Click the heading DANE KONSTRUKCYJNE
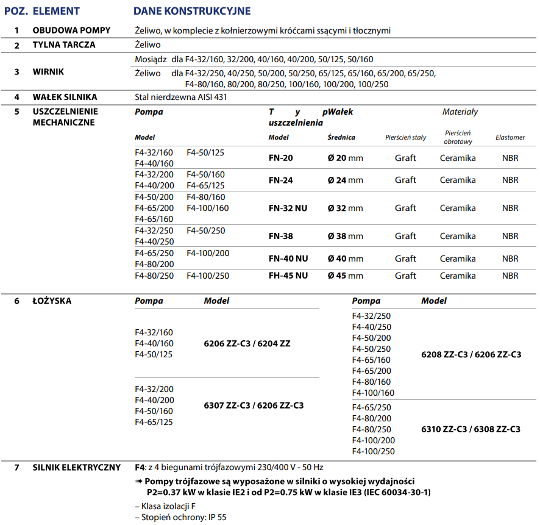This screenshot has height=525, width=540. point(192,11)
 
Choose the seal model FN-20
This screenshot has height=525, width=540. point(280,159)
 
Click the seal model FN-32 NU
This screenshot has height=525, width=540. point(288,209)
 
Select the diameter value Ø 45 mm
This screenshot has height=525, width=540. point(345,276)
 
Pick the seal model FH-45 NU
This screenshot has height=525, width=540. point(288,276)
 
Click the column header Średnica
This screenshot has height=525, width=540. point(341,138)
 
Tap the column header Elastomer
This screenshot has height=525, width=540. point(510,138)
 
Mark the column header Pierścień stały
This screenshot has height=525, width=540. point(405,138)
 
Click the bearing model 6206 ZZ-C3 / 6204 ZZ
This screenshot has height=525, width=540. point(247,344)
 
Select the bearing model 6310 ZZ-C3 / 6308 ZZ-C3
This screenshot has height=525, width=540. point(471,429)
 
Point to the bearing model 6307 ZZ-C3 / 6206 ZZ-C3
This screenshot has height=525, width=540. point(254,405)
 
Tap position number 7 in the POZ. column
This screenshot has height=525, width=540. point(17,468)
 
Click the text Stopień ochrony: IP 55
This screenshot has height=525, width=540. point(180,517)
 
